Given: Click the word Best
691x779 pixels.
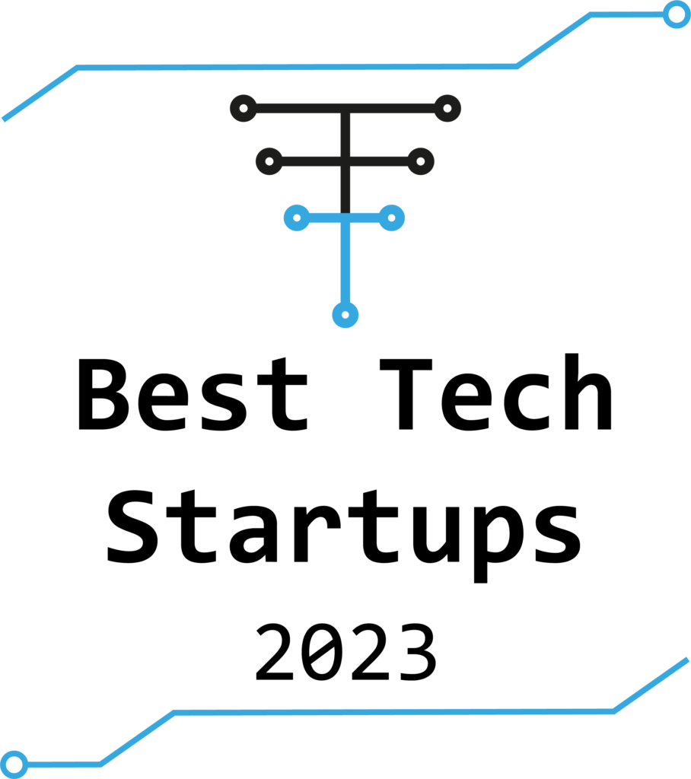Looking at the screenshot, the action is click(193, 394).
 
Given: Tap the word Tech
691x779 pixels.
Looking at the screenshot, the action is click(496, 392).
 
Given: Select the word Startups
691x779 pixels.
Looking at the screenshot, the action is click(344, 536).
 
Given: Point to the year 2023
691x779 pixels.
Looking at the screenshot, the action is click(346, 652).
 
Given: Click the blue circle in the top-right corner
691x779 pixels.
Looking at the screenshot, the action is click(677, 14).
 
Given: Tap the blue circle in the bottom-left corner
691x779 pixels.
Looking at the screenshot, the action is click(14, 764).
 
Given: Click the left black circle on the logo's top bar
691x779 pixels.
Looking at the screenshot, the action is click(244, 108).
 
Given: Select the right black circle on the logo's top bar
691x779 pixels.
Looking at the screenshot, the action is click(447, 108).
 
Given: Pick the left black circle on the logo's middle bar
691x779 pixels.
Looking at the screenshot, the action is click(269, 161).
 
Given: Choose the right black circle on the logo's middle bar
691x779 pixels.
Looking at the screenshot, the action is click(421, 161).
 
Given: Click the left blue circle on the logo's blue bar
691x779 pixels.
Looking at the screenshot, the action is click(297, 218).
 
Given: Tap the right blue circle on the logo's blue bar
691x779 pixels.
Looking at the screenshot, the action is click(392, 218).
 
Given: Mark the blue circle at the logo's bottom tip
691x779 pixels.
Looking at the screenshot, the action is click(345, 315).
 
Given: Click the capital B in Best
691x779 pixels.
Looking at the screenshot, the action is click(104, 395).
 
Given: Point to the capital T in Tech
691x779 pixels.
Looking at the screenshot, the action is click(406, 394).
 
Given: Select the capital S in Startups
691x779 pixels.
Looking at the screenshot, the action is click(132, 527).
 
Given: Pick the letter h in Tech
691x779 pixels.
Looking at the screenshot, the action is click(588, 392).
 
